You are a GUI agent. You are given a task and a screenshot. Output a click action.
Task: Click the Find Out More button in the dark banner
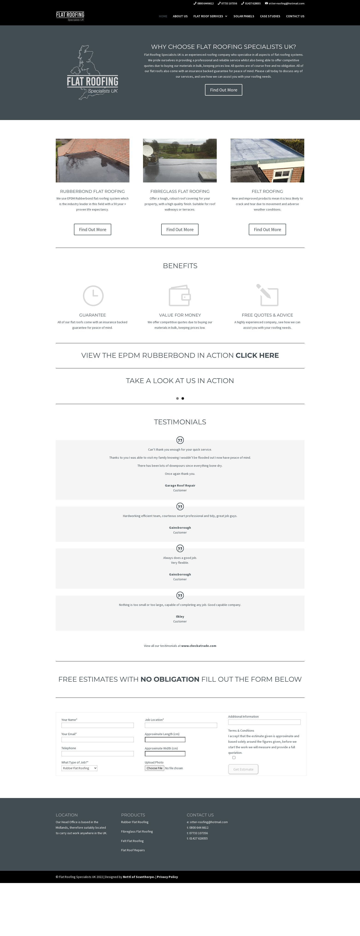tap(223, 90)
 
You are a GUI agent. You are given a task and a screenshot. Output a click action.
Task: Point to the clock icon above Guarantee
tap(93, 295)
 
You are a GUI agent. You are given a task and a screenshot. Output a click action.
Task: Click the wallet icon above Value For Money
tap(180, 295)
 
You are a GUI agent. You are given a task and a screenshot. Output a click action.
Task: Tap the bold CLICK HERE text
tap(257, 355)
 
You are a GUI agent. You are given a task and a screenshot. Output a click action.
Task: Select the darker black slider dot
tap(183, 399)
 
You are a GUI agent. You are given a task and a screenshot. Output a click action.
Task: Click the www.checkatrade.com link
tap(199, 646)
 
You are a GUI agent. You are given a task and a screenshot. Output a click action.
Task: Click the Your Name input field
tap(97, 725)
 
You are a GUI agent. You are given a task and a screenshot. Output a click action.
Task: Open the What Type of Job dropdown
tap(79, 768)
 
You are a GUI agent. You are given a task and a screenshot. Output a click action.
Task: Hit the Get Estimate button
tap(243, 769)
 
